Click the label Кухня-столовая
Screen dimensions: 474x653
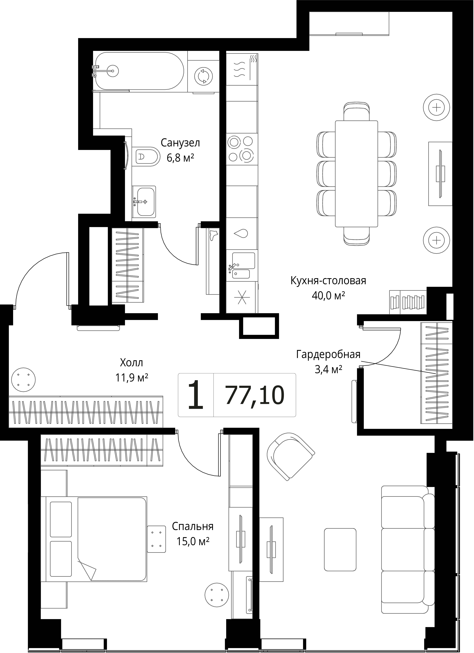[x=328, y=280]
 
